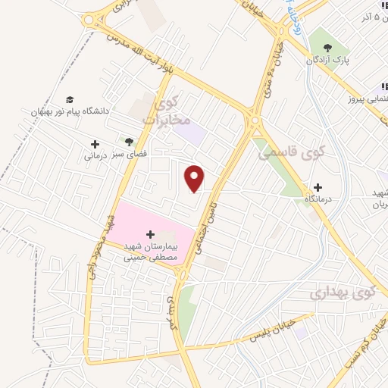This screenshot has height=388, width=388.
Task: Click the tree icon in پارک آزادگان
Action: (x=328, y=48)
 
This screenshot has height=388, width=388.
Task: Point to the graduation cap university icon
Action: (x=70, y=99)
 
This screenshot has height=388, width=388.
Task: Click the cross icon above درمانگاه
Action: (x=317, y=187)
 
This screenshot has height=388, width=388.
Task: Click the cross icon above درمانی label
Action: (x=95, y=144)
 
